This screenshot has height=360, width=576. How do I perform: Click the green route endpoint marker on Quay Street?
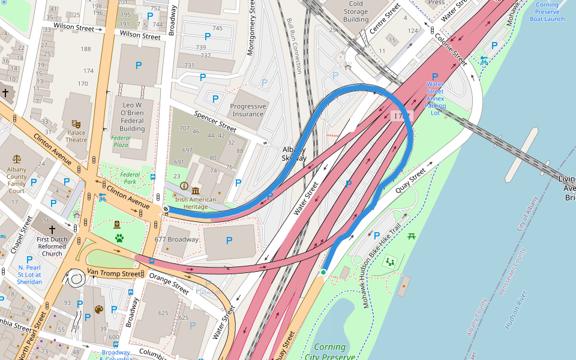tap(323, 272)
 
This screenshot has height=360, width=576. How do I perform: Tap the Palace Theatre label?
tap(76, 136)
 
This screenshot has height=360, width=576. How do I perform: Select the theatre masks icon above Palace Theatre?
tap(76, 124)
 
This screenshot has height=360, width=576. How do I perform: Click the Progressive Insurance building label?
tap(248, 110)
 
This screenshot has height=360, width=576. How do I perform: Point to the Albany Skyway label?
tap(294, 154)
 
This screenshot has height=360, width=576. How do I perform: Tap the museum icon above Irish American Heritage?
tap(196, 190)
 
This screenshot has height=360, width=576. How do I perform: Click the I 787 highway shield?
tap(400, 115)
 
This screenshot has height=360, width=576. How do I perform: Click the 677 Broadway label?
tap(176, 239)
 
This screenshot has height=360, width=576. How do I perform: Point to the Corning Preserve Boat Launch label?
tap(547, 11)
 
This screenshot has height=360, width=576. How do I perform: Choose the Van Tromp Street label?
tap(113, 273)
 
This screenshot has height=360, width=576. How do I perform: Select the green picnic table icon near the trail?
tap(412, 236)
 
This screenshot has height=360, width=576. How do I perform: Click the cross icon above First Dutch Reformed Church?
tap(52, 229)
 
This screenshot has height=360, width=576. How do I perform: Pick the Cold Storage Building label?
tap(356, 11)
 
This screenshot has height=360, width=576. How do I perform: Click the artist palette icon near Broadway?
tap(98, 310)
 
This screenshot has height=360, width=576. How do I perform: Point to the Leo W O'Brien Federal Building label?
tap(132, 116)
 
